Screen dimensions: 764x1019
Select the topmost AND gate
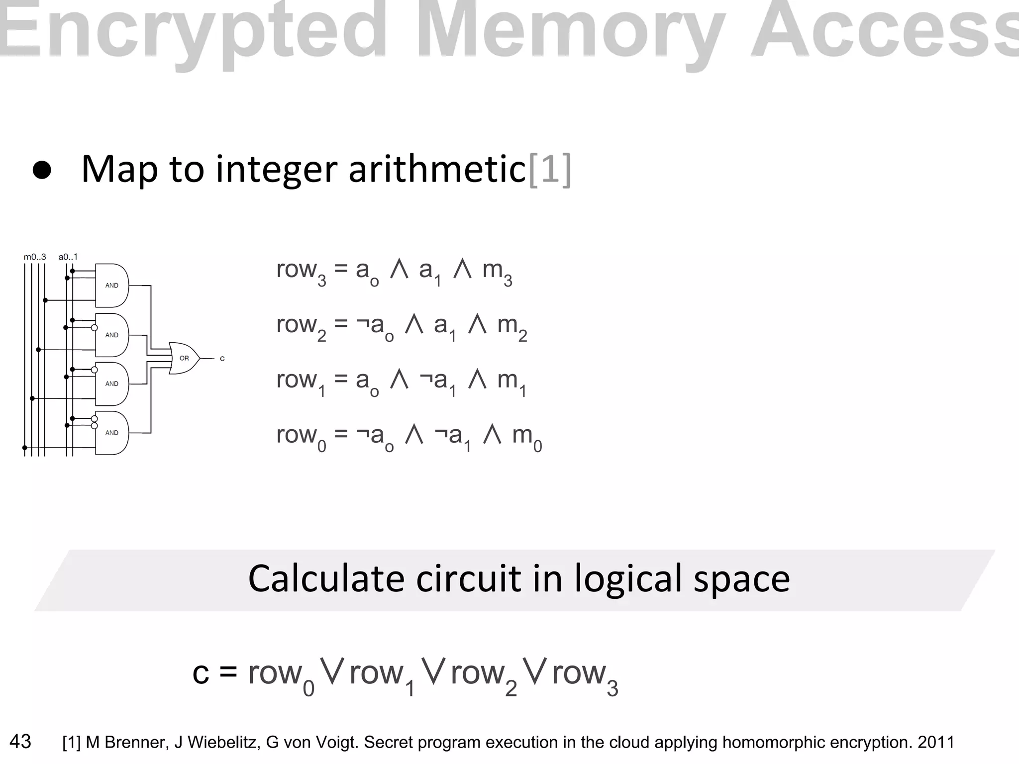[112, 286]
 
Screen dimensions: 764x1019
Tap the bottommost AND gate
[112, 433]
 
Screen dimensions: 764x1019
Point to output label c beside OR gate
[222, 359]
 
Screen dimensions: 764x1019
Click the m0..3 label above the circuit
[35, 257]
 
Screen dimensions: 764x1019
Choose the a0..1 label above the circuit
[68, 257]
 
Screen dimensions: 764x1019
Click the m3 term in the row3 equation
[497, 273]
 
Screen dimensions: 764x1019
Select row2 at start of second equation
[301, 327]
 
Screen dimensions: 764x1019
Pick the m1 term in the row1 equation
[511, 382]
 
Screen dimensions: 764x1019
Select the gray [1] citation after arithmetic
[549, 170]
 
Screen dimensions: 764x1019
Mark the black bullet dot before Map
[42, 171]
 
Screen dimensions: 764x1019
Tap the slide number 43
[20, 741]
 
